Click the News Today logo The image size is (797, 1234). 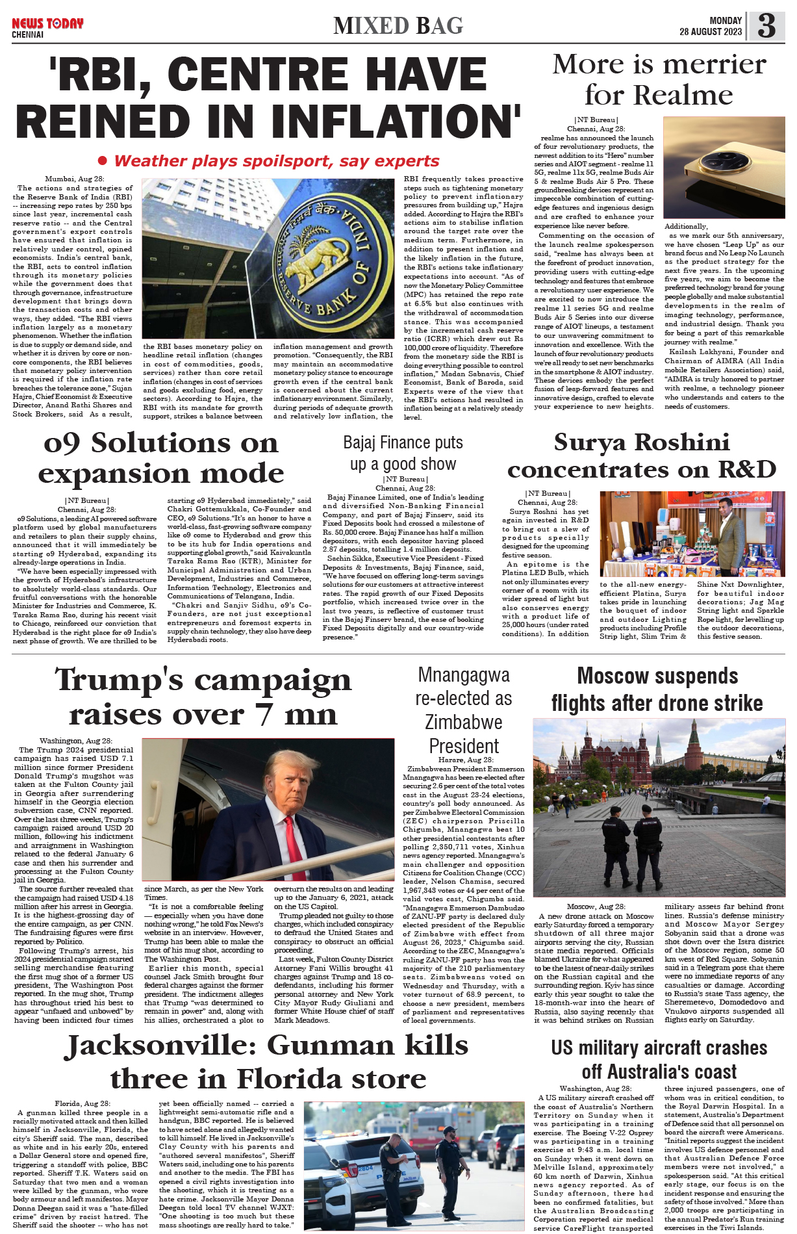pyautogui.click(x=47, y=24)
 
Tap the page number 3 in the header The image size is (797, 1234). pyautogui.click(x=766, y=26)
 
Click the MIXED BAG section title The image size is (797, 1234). pyautogui.click(x=398, y=26)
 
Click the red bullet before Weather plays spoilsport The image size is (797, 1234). pyautogui.click(x=102, y=161)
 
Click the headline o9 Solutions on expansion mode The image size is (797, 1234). pyautogui.click(x=160, y=458)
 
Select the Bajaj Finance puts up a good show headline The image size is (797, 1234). pyautogui.click(x=403, y=453)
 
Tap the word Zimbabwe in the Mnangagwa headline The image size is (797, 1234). pyautogui.click(x=463, y=722)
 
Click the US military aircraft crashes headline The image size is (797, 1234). pyautogui.click(x=659, y=1059)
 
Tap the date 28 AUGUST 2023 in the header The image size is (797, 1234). pyautogui.click(x=710, y=32)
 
